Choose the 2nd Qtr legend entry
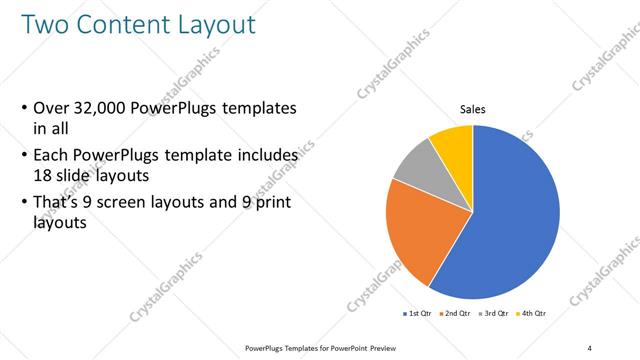455,314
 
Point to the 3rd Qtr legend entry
493,314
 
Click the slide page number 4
589,347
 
